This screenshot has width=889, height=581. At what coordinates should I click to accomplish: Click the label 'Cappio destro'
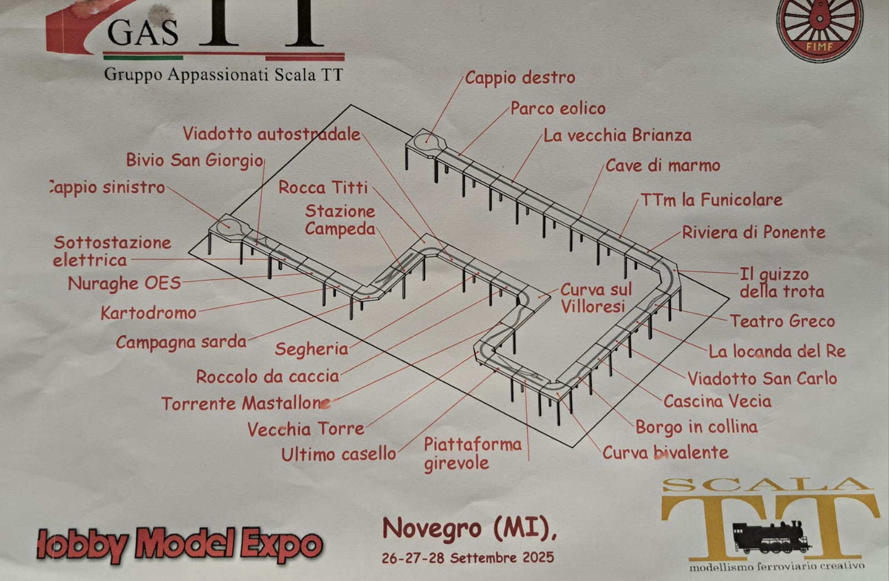[x=520, y=77]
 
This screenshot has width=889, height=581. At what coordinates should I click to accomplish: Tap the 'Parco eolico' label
[x=558, y=108]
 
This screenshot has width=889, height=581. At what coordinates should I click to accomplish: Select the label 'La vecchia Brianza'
[x=617, y=135]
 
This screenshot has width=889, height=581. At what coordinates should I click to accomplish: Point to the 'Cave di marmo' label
[x=663, y=165]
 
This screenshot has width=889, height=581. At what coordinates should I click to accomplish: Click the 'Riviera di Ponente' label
[x=753, y=233]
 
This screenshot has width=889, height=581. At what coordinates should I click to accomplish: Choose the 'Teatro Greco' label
[x=782, y=321]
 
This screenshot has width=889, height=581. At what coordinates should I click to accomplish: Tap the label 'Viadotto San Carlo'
[x=762, y=378]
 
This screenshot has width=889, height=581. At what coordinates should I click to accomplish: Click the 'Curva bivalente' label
[x=665, y=452]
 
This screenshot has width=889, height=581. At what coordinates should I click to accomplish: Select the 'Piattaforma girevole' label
[x=472, y=454]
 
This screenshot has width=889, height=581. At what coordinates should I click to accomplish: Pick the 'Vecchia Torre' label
[x=306, y=429]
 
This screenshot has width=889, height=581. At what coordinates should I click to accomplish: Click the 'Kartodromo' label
[x=148, y=313]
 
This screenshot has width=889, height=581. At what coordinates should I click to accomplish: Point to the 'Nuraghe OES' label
[x=124, y=284]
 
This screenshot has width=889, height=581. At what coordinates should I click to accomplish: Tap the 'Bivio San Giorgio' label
[x=194, y=160]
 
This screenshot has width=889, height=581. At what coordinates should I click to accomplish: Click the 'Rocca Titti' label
[x=323, y=188]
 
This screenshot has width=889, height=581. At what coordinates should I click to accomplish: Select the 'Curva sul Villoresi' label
[x=595, y=297]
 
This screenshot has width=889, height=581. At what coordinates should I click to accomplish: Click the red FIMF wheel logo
[x=820, y=28]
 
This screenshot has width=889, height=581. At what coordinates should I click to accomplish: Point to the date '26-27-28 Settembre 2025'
[x=467, y=558]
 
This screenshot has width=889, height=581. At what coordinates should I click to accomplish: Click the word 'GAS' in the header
[x=143, y=33]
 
